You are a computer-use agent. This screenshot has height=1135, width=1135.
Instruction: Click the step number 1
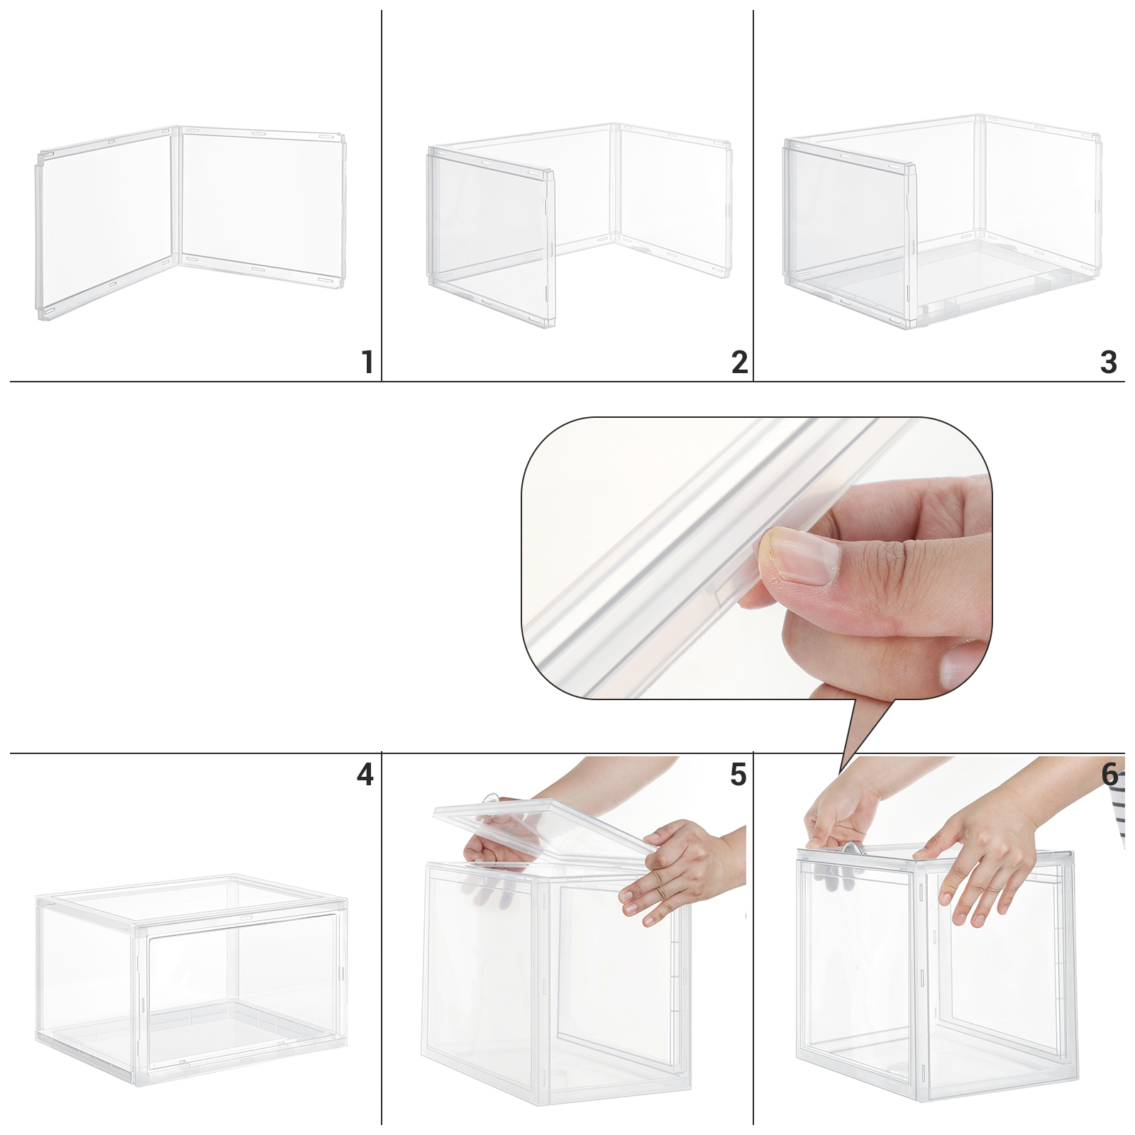pyautogui.click(x=367, y=362)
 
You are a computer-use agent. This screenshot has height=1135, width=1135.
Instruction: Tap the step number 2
pyautogui.click(x=740, y=362)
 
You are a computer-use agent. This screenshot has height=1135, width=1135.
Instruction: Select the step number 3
pyautogui.click(x=1109, y=362)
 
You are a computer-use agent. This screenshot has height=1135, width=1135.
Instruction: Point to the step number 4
pyautogui.click(x=365, y=775)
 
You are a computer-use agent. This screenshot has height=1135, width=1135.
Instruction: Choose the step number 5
pyautogui.click(x=738, y=775)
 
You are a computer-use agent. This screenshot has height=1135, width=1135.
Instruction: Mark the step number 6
pyautogui.click(x=1109, y=775)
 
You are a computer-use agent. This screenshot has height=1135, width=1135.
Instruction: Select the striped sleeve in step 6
pyautogui.click(x=1119, y=816)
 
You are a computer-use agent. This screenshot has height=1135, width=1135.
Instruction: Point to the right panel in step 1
pyautogui.click(x=262, y=206)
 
